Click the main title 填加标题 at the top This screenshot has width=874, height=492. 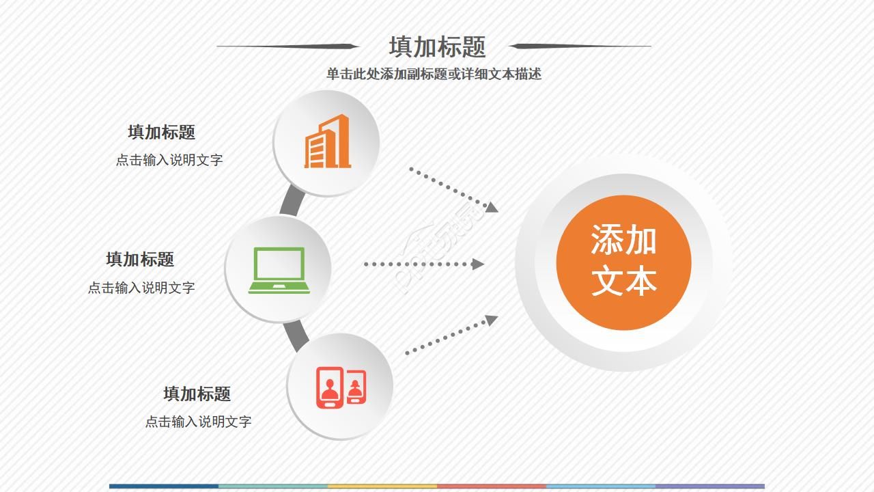(x=437, y=47)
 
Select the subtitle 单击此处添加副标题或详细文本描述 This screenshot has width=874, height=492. (x=434, y=74)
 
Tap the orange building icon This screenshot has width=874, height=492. (x=327, y=142)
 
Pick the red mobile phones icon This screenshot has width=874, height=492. (x=340, y=387)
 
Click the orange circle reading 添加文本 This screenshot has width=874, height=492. (x=623, y=262)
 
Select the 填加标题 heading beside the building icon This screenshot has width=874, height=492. (x=161, y=133)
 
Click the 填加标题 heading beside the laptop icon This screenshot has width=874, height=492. (x=140, y=260)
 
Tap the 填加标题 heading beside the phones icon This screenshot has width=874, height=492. (x=197, y=394)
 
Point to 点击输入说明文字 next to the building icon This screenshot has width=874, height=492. (x=169, y=161)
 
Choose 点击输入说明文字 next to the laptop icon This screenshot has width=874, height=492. (x=141, y=288)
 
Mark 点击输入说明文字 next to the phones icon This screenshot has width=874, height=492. (x=198, y=422)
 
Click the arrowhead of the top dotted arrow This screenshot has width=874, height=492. (x=492, y=206)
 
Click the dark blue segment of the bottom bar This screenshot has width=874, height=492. (x=164, y=487)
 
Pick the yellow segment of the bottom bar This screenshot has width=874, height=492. (x=382, y=487)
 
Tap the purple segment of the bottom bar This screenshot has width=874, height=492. (x=710, y=487)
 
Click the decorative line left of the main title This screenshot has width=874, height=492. (x=287, y=46)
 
